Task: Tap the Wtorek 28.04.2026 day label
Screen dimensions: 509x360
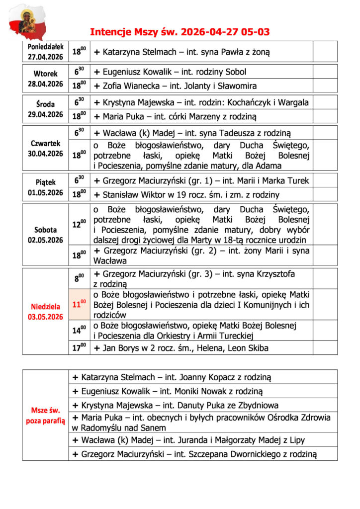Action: (x=46, y=79)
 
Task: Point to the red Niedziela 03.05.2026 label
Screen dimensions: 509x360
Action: (x=46, y=312)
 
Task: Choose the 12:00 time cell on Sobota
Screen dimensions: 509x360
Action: (x=79, y=225)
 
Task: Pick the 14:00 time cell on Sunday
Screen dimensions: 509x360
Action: (x=79, y=330)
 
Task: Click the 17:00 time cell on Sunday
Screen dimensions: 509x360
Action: (x=79, y=347)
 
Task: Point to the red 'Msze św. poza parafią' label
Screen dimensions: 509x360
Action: (x=46, y=416)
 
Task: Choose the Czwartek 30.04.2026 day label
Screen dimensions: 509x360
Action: (x=46, y=148)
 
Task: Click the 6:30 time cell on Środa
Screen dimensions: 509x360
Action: (x=79, y=102)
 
